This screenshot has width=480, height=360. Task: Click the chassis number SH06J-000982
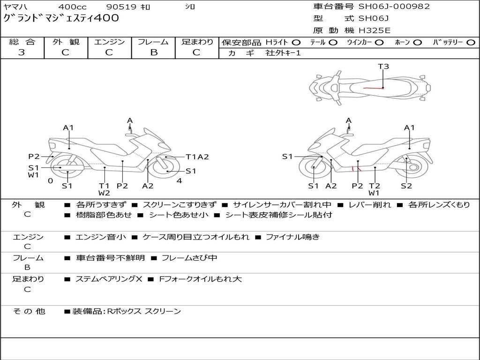394,7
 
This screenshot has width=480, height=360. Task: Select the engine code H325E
374,30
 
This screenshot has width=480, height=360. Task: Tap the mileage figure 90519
121,7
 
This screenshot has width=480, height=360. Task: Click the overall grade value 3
22,52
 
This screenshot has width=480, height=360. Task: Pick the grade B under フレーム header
153,52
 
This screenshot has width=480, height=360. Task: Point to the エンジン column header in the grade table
109,42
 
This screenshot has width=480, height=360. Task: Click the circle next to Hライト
296,42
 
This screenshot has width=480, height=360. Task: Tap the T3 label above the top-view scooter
383,67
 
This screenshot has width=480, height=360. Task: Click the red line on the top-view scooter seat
373,88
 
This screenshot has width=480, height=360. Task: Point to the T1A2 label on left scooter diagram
197,157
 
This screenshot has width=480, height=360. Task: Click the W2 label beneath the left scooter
104,193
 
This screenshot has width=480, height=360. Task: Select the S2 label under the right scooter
406,186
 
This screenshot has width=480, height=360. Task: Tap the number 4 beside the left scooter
179,181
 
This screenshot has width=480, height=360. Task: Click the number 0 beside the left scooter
50,181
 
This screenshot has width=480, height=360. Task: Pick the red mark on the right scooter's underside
356,169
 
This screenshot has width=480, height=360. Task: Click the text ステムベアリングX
109,279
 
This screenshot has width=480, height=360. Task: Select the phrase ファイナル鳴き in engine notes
292,237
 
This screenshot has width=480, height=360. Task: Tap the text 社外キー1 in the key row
283,53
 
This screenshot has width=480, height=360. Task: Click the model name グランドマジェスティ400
61,18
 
